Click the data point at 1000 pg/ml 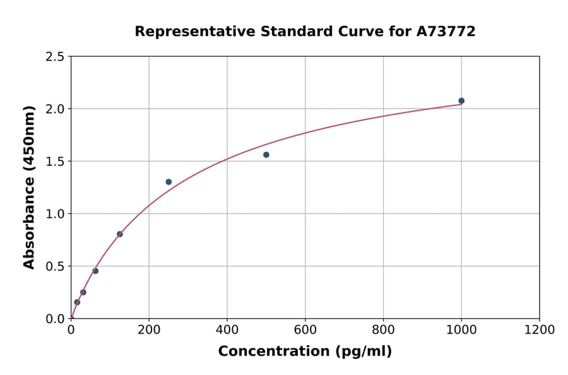pyautogui.click(x=461, y=101)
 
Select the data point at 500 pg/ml pyautogui.click(x=266, y=155)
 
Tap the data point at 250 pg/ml pyautogui.click(x=169, y=182)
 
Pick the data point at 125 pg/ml pyautogui.click(x=120, y=234)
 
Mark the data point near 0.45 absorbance pyautogui.click(x=95, y=271)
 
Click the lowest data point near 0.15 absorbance pyautogui.click(x=77, y=302)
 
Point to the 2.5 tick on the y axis pyautogui.click(x=54, y=57)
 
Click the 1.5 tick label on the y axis pyautogui.click(x=54, y=162)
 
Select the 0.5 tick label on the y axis pyautogui.click(x=54, y=266)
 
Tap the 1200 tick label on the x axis pyautogui.click(x=539, y=330)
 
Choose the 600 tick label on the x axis pyautogui.click(x=305, y=330)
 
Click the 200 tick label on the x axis pyautogui.click(x=149, y=330)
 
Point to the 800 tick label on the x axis pyautogui.click(x=383, y=330)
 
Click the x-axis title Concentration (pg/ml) pyautogui.click(x=305, y=352)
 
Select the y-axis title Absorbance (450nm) pyautogui.click(x=29, y=187)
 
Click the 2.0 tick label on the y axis pyautogui.click(x=54, y=109)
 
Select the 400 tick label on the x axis pyautogui.click(x=227, y=330)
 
